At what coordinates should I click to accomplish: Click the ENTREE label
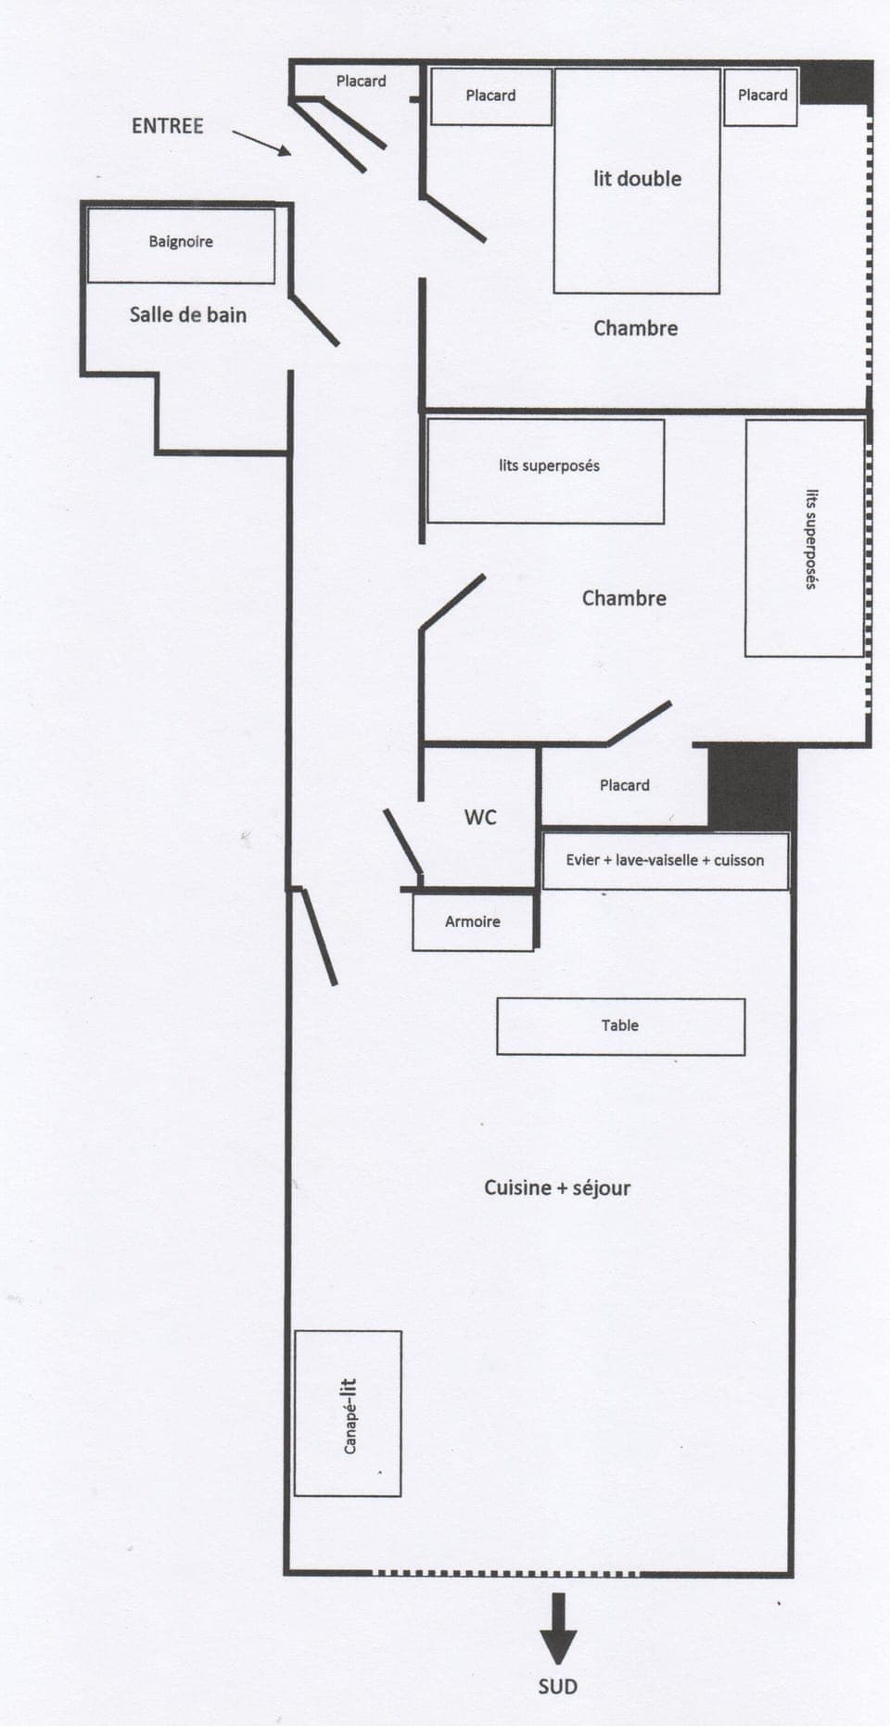pos(167,126)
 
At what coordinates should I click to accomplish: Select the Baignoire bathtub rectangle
pos(181,244)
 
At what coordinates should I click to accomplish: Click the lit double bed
pos(637,181)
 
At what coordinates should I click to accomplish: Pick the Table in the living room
pos(620,1026)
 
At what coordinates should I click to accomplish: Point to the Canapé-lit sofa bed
pos(348,1413)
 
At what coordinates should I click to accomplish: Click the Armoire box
pos(473,921)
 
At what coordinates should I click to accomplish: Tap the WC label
pos(480,817)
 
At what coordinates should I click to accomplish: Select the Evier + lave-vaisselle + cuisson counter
pos(665,860)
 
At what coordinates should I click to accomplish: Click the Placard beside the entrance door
pos(361,82)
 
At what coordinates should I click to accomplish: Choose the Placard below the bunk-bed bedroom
pos(624,785)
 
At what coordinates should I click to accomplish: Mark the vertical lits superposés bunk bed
pos(806,539)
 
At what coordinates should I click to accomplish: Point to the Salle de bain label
pos(188,315)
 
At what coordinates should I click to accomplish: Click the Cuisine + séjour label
pos(557,1187)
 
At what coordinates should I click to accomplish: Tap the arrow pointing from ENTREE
pos(261,143)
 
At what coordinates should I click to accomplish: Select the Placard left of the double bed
pos(490,95)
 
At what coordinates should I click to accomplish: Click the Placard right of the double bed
pos(761,95)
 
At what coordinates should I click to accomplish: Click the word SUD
pos(558,1686)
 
